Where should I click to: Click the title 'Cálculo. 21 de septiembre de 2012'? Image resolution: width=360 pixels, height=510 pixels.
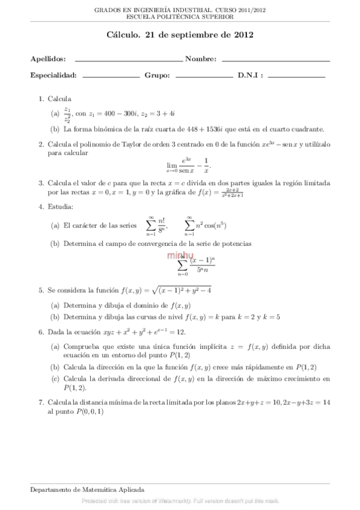180,35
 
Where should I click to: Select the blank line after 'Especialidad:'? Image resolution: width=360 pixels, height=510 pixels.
111,77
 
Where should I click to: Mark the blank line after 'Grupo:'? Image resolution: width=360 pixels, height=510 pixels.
204,77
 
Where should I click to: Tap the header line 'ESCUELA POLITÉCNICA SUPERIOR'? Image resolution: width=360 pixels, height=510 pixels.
180,17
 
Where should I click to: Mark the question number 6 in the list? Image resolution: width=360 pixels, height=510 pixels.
40,332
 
